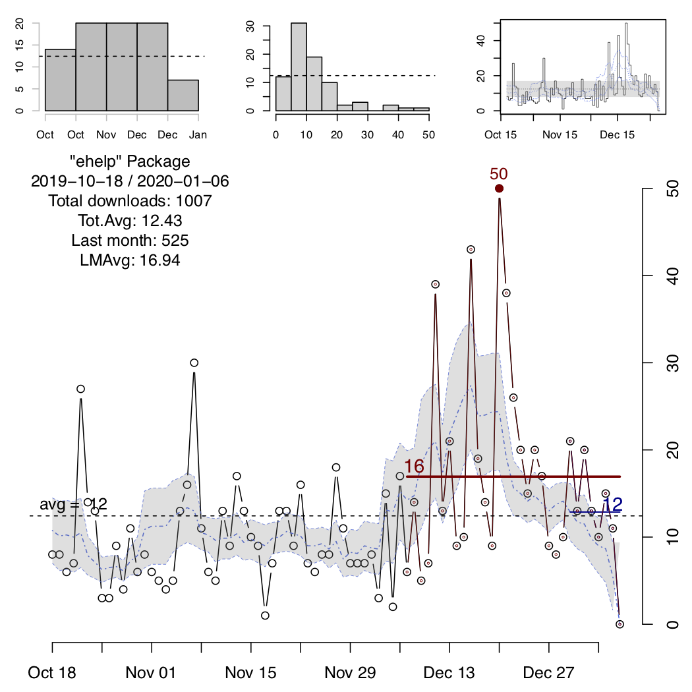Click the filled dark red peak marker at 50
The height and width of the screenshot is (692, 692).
[500, 188]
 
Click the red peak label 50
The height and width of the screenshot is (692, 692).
[499, 174]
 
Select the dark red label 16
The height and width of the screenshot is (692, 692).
[414, 466]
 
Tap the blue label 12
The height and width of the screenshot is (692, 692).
[613, 504]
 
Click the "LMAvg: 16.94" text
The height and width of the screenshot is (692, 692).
[130, 260]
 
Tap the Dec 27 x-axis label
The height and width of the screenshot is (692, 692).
[550, 673]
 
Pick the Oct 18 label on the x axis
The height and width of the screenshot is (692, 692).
[53, 673]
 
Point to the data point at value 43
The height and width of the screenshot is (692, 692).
[471, 249]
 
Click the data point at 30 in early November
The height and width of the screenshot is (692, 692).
[194, 362]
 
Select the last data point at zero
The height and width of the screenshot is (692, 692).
[620, 623]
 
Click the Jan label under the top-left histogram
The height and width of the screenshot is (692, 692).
[198, 134]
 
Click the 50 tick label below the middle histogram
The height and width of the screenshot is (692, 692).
[428, 134]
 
